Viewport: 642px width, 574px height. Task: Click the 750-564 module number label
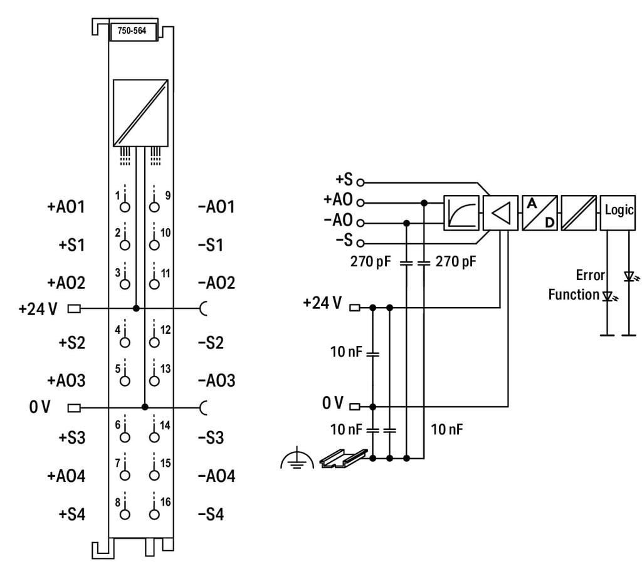click(133, 33)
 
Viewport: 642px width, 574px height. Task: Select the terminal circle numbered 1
click(125, 207)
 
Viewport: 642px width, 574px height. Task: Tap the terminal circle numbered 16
click(154, 515)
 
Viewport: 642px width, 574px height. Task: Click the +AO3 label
click(66, 381)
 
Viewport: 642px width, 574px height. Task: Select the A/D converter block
click(540, 212)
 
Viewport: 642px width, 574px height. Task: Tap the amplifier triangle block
click(500, 212)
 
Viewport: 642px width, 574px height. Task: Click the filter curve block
click(461, 212)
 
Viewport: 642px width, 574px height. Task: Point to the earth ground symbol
click(293, 461)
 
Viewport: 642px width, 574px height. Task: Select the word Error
click(590, 275)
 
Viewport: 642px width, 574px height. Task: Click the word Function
click(574, 295)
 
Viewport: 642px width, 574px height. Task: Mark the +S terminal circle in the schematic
click(360, 182)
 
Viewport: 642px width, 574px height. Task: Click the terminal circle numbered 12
click(154, 343)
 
